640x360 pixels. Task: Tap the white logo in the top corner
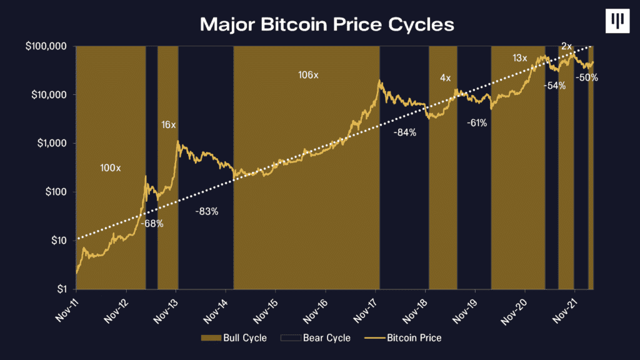click(618, 21)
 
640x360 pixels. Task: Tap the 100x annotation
click(111, 168)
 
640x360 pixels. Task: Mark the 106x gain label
click(308, 75)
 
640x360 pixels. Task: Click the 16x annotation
click(169, 125)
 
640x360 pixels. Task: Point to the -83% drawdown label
click(207, 211)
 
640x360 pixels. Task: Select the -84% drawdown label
click(405, 132)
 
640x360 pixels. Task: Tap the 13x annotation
click(520, 58)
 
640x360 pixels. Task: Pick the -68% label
click(152, 223)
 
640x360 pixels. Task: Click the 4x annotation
click(445, 78)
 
